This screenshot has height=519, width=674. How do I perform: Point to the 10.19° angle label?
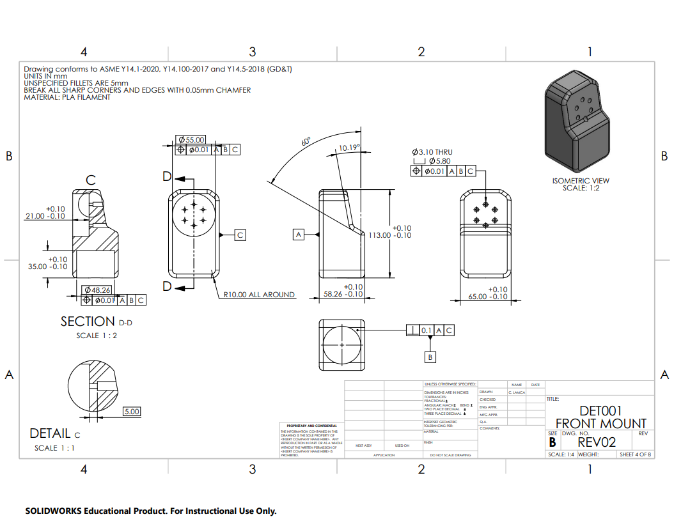pos(349,148)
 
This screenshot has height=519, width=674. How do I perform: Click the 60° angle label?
pos(306,141)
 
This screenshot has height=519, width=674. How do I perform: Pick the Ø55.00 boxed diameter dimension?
pos(191,139)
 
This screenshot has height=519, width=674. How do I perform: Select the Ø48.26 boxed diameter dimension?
pos(97,290)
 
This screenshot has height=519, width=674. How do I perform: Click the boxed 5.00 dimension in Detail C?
pos(132,411)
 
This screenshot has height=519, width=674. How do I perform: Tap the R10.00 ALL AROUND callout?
pos(259,295)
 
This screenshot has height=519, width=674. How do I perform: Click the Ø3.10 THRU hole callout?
pos(432,152)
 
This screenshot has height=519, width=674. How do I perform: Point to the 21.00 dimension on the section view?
pos(45,216)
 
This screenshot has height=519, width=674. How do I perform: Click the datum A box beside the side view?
pos(298,235)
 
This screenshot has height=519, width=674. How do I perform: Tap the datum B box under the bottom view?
pos(430,357)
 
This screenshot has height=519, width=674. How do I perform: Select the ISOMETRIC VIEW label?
pos(581,181)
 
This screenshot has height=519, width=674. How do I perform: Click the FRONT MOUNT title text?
pos(600,423)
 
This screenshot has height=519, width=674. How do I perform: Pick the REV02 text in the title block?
pos(597,442)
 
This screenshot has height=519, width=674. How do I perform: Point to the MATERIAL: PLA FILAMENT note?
pos(67,97)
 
